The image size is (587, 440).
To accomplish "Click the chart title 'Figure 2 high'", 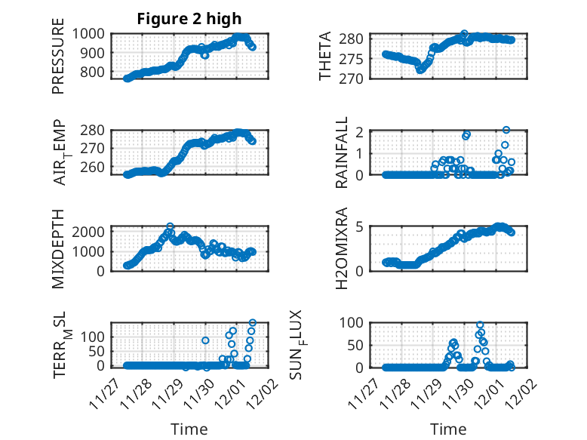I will (x=189, y=19).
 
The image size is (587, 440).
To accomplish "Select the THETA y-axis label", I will (x=325, y=57).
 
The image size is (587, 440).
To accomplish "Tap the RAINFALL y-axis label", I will (x=341, y=152).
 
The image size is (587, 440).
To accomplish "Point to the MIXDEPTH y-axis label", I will (x=58, y=248).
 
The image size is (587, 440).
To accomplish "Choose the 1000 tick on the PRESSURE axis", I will (x=93, y=33).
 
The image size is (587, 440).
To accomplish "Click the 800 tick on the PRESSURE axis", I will (x=96, y=72).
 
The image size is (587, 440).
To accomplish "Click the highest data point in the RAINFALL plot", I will (x=506, y=130).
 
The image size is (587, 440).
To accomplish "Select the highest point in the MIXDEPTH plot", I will (x=171, y=226).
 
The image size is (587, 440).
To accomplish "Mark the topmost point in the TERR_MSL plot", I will (x=252, y=323).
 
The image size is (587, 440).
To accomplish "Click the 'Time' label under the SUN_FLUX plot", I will (x=448, y=429).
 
